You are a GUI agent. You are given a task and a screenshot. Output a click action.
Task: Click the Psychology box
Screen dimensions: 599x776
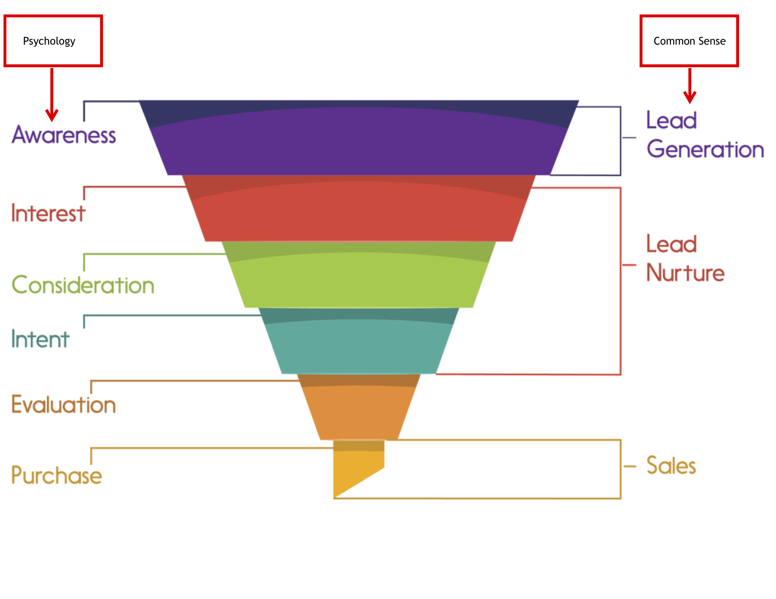coord(53,41)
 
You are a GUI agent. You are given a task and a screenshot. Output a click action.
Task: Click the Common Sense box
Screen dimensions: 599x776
coord(689,41)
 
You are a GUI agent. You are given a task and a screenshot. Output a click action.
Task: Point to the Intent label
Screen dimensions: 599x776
coord(40,339)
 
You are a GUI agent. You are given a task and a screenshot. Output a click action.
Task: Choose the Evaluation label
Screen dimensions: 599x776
coord(64,404)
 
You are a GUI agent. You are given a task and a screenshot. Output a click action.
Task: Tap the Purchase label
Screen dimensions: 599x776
coord(57,475)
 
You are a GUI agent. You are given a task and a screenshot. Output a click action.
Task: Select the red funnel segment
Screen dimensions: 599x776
coord(359,213)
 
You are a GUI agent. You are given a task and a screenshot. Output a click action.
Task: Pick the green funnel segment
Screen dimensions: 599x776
coord(359,281)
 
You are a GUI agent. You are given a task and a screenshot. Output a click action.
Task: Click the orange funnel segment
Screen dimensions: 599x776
coord(359,412)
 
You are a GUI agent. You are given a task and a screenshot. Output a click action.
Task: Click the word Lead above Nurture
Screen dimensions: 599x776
coord(671,244)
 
